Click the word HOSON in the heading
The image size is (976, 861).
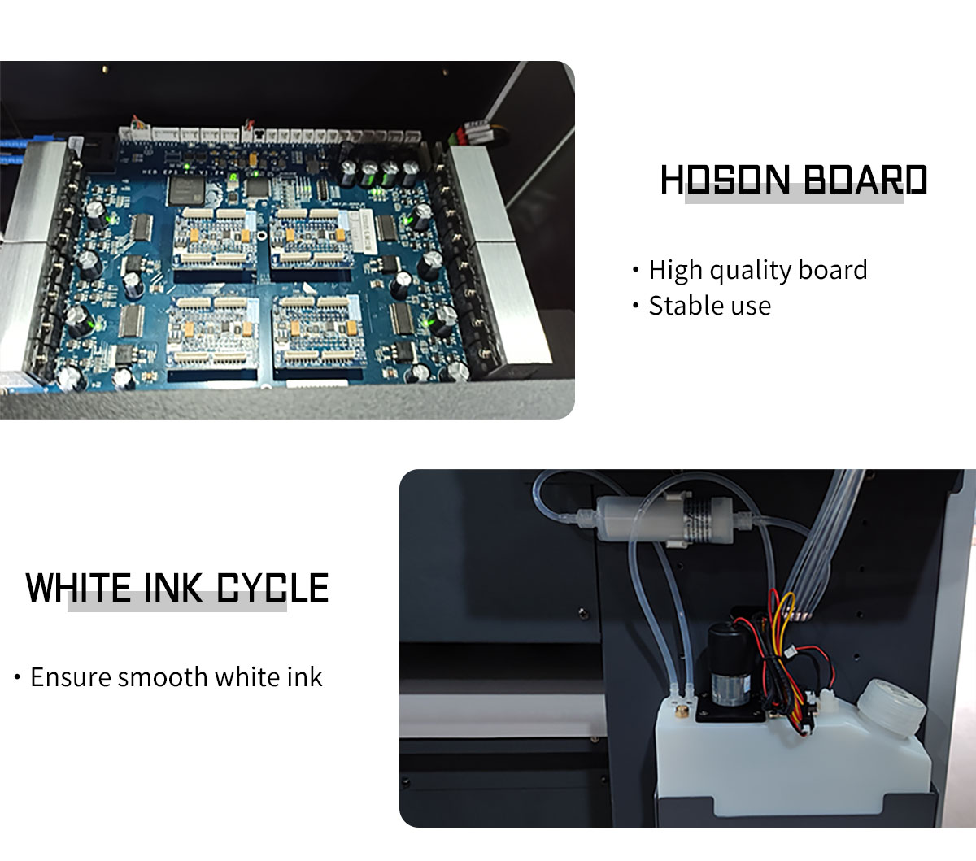click(x=725, y=180)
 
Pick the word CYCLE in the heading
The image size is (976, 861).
click(x=272, y=588)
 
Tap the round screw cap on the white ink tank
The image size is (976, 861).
click(x=891, y=707)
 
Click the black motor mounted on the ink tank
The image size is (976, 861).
click(x=729, y=663)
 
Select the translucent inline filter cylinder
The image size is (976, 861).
click(x=665, y=521)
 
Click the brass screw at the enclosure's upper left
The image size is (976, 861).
click(x=105, y=69)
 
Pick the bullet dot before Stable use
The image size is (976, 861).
click(x=636, y=306)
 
